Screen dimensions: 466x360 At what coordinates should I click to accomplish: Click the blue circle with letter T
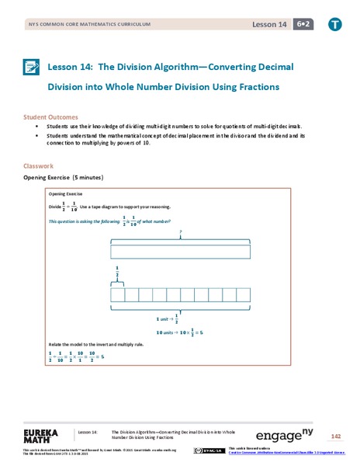pos(335,26)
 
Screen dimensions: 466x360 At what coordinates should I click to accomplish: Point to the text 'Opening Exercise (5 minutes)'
pos(64,178)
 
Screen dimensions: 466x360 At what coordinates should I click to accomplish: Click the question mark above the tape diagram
pos(180,232)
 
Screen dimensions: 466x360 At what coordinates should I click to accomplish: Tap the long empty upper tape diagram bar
pos(180,251)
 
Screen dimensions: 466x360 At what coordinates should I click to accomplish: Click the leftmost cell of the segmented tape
pos(117,295)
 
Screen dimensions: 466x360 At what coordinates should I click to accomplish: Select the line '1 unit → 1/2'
pos(168,318)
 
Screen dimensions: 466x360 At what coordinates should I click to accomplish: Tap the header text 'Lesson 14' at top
pos(268,26)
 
